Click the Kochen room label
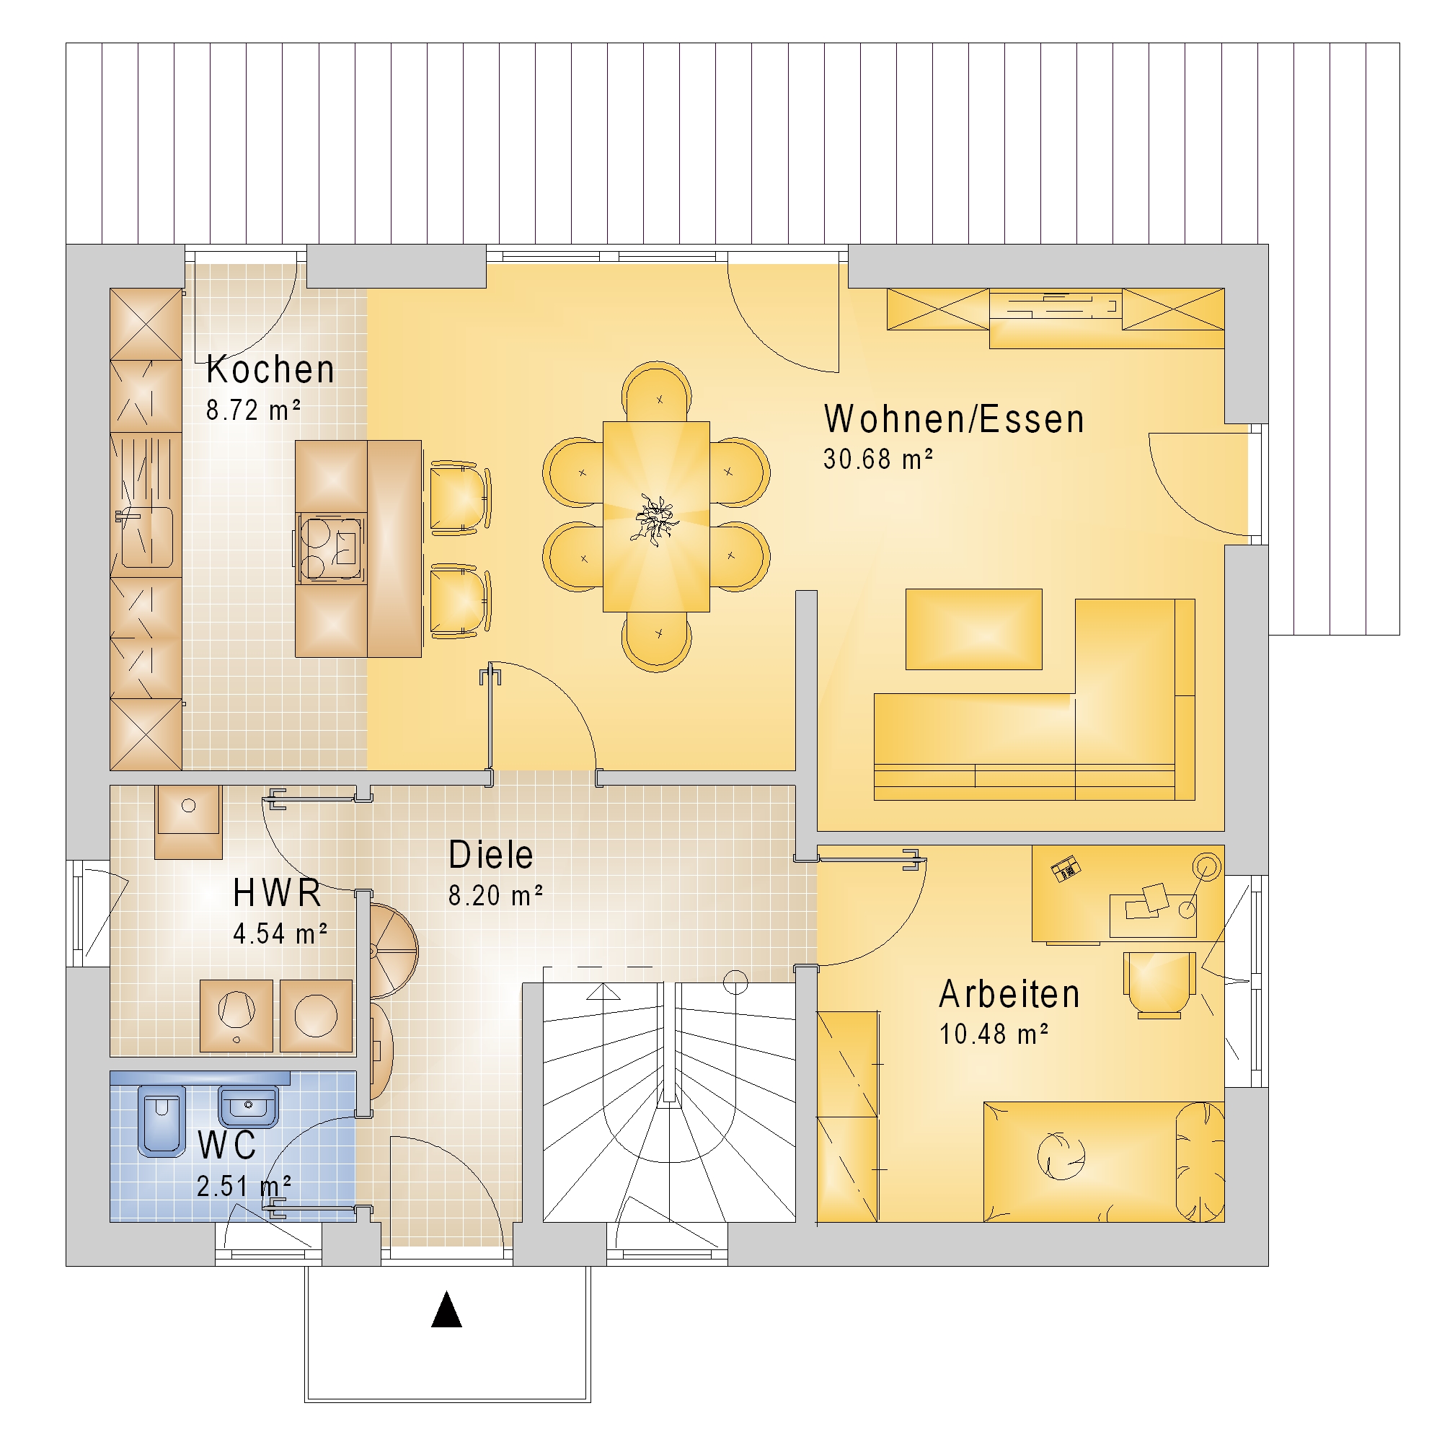[x=270, y=369]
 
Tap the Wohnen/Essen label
[x=954, y=419]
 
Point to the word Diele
[x=490, y=855]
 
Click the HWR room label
[x=277, y=893]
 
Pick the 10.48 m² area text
[x=994, y=1034]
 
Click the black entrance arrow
[x=446, y=1309]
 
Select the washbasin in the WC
[x=249, y=1107]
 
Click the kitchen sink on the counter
[x=146, y=536]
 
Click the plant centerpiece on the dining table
[x=655, y=518]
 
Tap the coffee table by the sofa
[x=973, y=629]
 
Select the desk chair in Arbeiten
[x=1159, y=983]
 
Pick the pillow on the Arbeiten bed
[x=1200, y=1162]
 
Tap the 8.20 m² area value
[x=495, y=895]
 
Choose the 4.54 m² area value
[x=280, y=933]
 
